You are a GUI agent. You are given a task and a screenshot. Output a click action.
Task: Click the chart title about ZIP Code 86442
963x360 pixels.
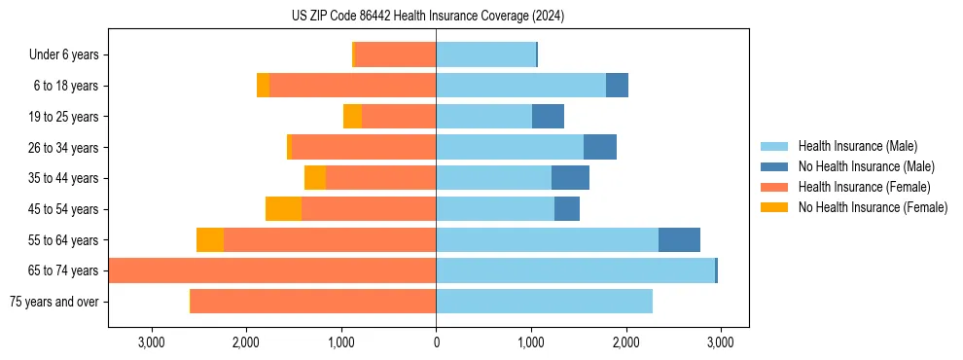[428, 16]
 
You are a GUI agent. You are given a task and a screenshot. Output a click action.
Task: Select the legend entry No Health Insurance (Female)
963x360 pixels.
[873, 207]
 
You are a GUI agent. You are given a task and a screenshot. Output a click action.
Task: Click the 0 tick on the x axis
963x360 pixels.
[436, 342]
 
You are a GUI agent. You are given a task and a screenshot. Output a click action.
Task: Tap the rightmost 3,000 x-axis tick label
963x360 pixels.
[720, 342]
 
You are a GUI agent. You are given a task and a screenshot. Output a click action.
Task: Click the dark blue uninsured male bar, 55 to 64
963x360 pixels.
[679, 240]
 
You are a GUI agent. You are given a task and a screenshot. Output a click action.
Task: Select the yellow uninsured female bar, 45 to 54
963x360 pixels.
[283, 209]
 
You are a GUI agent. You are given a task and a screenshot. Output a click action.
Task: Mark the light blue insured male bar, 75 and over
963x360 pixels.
[544, 302]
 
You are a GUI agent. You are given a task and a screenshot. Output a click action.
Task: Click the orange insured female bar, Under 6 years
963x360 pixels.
[396, 55]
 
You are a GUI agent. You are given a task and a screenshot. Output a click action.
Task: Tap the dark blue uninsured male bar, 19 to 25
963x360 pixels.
[548, 117]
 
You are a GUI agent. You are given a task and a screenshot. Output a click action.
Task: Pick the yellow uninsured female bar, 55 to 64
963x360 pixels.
[210, 240]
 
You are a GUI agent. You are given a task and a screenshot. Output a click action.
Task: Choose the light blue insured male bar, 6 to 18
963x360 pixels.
[520, 86]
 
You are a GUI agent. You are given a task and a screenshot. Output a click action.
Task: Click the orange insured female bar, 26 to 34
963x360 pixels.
[364, 148]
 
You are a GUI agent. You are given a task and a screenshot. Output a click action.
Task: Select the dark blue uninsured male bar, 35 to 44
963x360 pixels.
[570, 178]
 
